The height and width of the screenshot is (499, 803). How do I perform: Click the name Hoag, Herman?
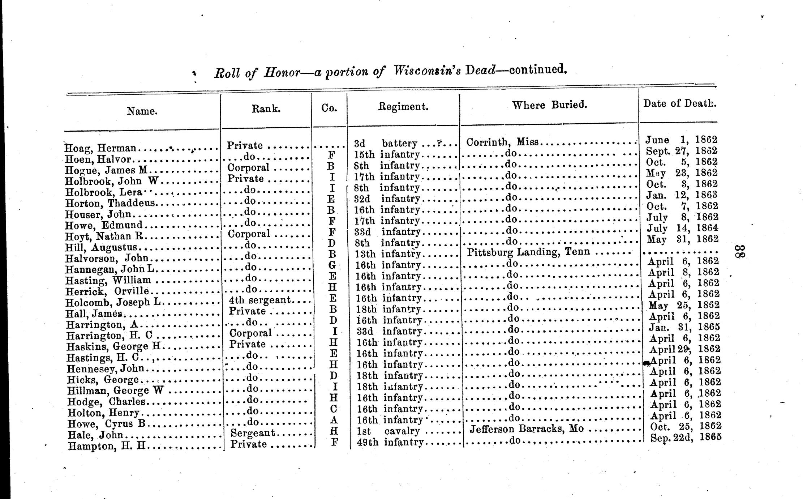click(101, 148)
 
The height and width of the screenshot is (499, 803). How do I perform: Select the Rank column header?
click(266, 108)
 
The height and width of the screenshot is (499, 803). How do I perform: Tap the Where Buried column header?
click(549, 105)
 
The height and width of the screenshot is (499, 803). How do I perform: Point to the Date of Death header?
click(679, 103)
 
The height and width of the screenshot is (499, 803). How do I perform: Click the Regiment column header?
click(403, 107)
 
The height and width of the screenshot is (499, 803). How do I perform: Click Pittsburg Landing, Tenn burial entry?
click(528, 252)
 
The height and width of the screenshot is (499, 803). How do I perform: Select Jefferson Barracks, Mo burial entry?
click(527, 429)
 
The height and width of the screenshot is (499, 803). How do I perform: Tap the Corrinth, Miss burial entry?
click(503, 142)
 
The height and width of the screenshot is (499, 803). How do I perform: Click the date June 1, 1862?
click(681, 140)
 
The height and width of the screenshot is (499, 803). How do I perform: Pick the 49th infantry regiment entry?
click(390, 442)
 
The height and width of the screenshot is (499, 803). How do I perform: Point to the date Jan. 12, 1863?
click(681, 195)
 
